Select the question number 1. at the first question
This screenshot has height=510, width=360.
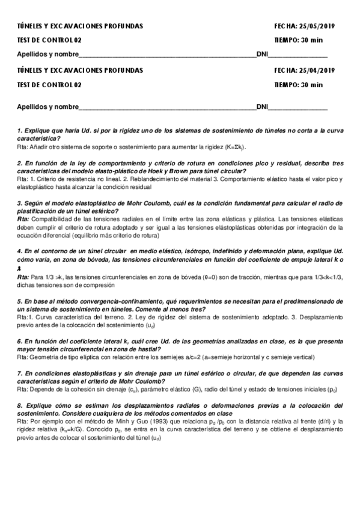pos(19,131)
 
